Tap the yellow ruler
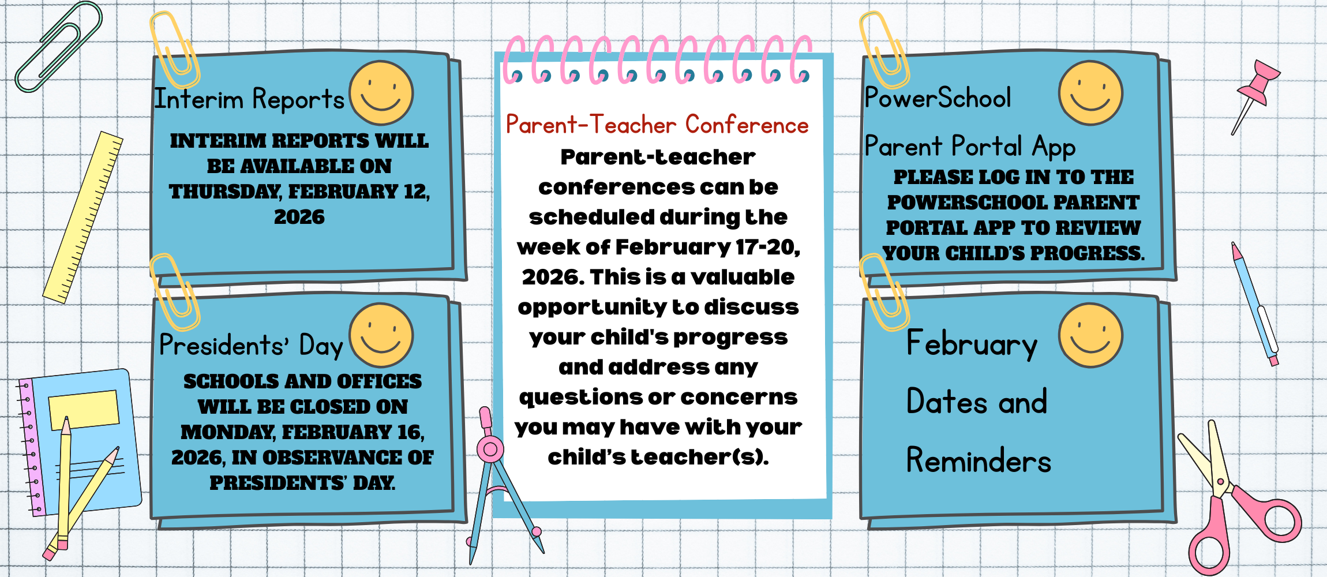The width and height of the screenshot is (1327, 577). point(83,218)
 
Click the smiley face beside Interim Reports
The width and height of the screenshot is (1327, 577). point(381,93)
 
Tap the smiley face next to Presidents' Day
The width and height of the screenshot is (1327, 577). point(381,335)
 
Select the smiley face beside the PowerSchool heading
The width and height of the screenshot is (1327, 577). point(1090,93)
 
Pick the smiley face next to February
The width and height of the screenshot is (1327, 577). point(1090,335)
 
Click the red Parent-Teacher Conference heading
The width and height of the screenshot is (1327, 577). point(657,125)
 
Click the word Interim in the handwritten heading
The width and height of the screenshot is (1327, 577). point(199,99)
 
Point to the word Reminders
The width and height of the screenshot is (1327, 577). point(979,460)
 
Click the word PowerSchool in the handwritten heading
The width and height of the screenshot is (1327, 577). point(938,97)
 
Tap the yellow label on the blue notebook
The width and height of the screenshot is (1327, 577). point(84,410)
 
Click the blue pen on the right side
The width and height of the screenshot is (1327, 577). point(1255,303)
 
